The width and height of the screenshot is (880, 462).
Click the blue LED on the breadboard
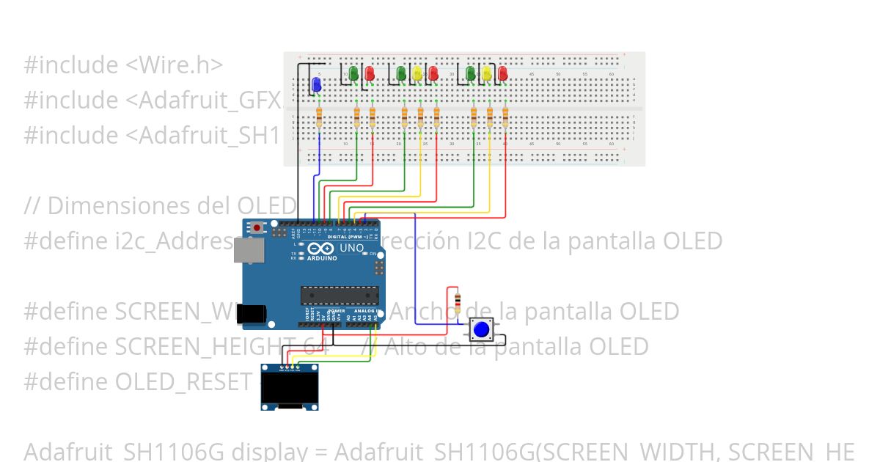click(x=317, y=85)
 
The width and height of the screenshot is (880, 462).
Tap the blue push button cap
click(x=481, y=329)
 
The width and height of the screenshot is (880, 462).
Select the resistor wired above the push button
click(x=458, y=301)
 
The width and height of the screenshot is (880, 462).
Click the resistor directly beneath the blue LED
click(x=319, y=117)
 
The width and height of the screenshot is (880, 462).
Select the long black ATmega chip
click(x=340, y=295)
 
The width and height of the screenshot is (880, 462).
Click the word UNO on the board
click(x=352, y=248)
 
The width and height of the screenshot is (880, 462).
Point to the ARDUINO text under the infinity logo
click(x=322, y=258)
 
